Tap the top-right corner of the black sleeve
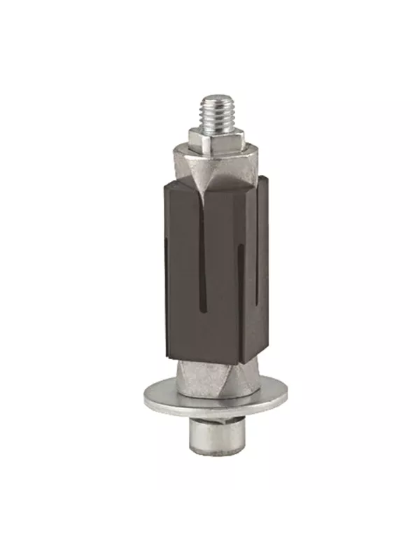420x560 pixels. click(x=267, y=179)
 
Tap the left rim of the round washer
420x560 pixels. click(x=146, y=399)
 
